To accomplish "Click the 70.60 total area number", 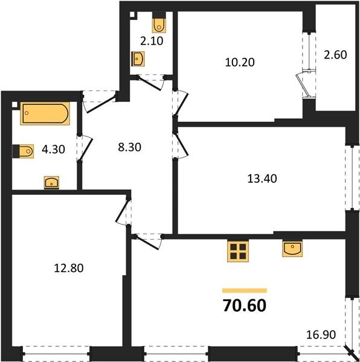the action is point(245,305).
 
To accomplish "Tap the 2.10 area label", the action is point(152,41).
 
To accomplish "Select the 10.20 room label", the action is point(240,62).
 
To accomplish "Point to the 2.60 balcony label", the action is point(335,55).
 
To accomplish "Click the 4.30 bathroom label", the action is point(53,150).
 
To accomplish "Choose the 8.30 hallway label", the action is point(129,147).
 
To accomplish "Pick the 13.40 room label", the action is point(262,179).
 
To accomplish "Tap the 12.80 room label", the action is point(69,268).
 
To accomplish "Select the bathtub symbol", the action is point(45,113).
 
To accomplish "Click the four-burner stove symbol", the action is point(238,251).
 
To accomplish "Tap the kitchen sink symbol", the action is point(292,249).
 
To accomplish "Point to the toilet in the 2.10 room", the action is point(159,22).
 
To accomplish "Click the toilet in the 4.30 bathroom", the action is point(23,151).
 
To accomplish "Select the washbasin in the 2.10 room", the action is point(138,59).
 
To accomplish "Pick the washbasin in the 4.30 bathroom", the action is point(51,183).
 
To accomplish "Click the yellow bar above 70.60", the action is point(245,291).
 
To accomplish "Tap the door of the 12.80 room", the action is point(122,212).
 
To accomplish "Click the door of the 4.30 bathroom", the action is point(86,148).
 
